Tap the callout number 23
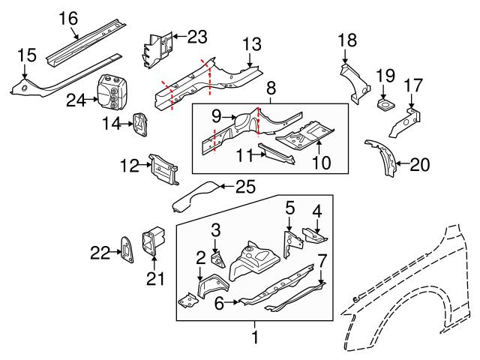point(196,35)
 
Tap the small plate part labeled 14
point(139,124)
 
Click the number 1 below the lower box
point(255,339)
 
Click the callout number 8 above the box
point(271,88)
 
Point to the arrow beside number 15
point(25,70)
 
